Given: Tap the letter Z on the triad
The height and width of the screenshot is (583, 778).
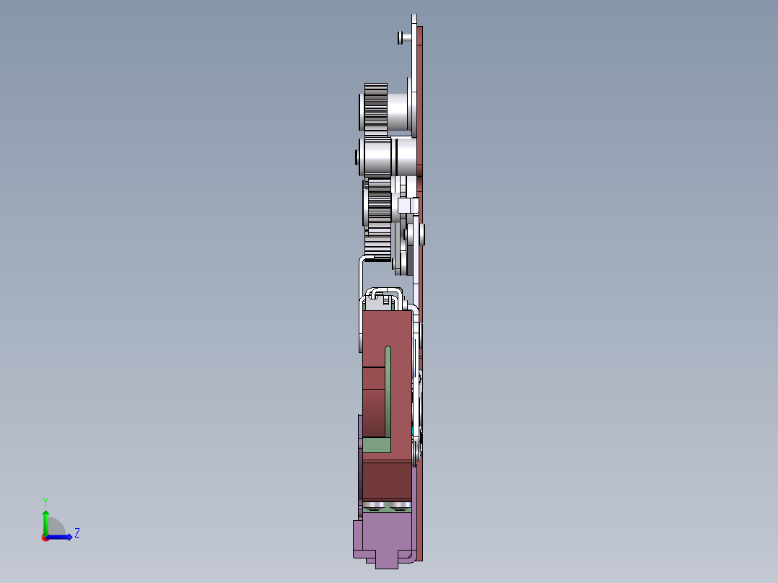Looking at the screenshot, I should (x=77, y=533).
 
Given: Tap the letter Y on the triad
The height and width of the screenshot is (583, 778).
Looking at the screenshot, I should (x=45, y=500).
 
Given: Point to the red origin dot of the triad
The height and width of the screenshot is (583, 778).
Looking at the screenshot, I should (x=45, y=537).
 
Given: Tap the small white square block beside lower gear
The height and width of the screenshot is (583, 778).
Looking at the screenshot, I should (x=406, y=206).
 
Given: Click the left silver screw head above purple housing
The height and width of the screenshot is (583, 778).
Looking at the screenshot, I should (x=375, y=506).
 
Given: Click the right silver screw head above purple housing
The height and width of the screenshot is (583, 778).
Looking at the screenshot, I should (x=399, y=506).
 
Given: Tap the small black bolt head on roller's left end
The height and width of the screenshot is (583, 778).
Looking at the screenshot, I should (x=355, y=157).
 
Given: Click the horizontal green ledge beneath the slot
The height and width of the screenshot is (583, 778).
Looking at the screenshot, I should (x=376, y=445).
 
